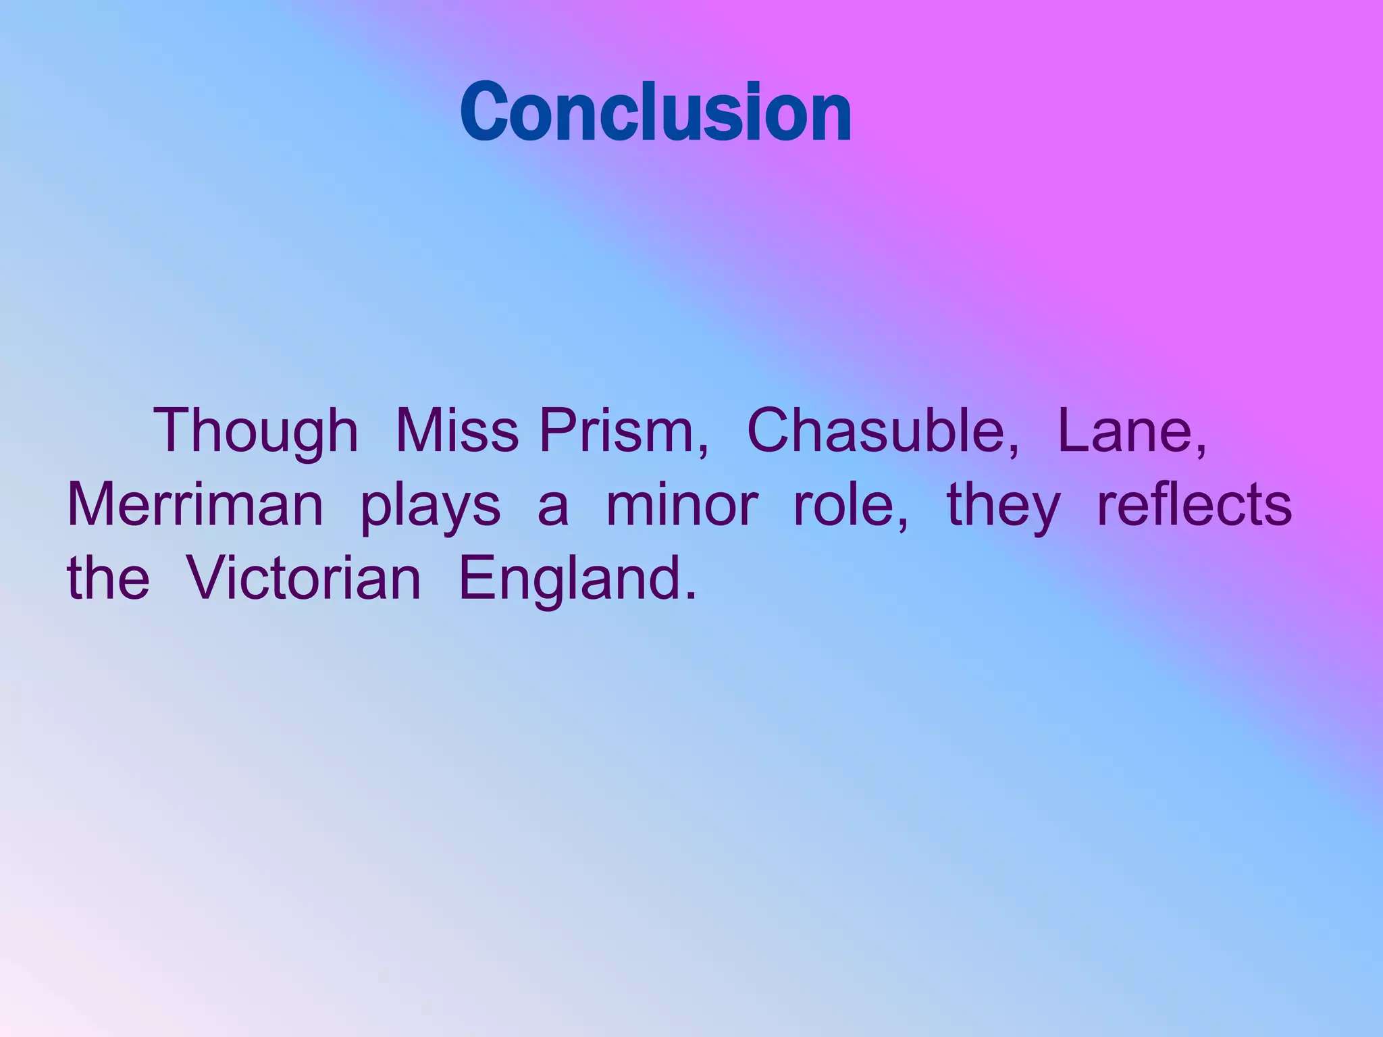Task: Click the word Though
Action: click(x=256, y=431)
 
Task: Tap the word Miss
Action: click(x=456, y=431)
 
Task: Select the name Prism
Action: click(x=620, y=431)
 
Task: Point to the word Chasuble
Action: click(x=879, y=431)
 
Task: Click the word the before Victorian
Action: click(x=108, y=579)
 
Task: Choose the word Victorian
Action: click(x=303, y=579)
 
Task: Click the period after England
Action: click(x=689, y=595)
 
